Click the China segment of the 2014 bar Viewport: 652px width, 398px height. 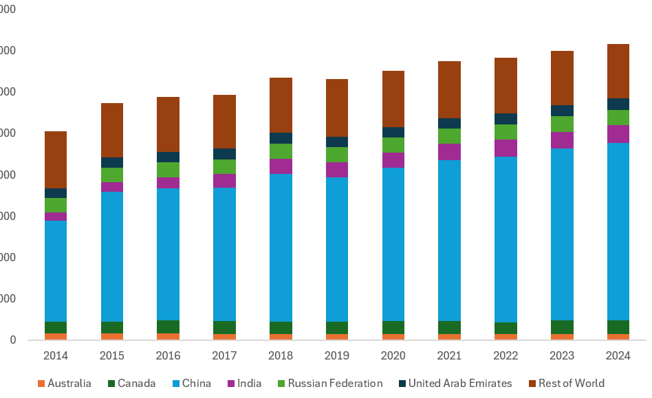click(x=56, y=271)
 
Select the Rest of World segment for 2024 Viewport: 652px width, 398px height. click(x=618, y=71)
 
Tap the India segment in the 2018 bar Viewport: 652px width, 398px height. click(x=281, y=166)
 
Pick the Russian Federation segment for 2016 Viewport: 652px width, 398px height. click(x=168, y=170)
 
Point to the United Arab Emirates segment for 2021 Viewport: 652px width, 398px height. click(x=449, y=124)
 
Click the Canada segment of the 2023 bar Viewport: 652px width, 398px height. click(x=562, y=327)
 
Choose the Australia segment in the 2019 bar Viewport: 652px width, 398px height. click(x=337, y=337)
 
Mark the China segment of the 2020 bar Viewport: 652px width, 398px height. click(x=393, y=244)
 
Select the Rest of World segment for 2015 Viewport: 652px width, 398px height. click(x=112, y=130)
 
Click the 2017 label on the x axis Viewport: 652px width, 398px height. click(x=224, y=356)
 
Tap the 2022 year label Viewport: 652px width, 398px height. click(x=506, y=356)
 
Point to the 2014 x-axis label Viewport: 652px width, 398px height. click(x=56, y=356)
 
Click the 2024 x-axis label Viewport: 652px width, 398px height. click(x=618, y=356)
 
